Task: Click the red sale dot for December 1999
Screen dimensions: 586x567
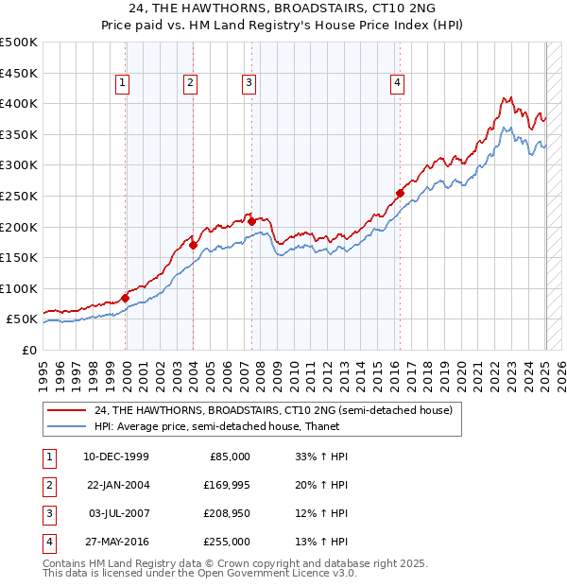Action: click(x=126, y=298)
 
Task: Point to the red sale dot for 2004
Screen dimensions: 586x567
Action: click(x=193, y=245)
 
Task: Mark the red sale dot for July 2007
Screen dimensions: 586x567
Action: click(x=251, y=221)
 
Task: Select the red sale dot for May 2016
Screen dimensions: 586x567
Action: click(x=400, y=193)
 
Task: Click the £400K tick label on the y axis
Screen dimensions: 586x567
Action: click(x=19, y=104)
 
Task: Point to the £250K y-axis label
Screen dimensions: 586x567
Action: click(x=19, y=197)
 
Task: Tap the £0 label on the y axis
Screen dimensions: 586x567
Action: click(x=29, y=351)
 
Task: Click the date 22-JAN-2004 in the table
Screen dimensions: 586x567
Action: click(x=116, y=485)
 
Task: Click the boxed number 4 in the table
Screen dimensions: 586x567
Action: click(x=47, y=542)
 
